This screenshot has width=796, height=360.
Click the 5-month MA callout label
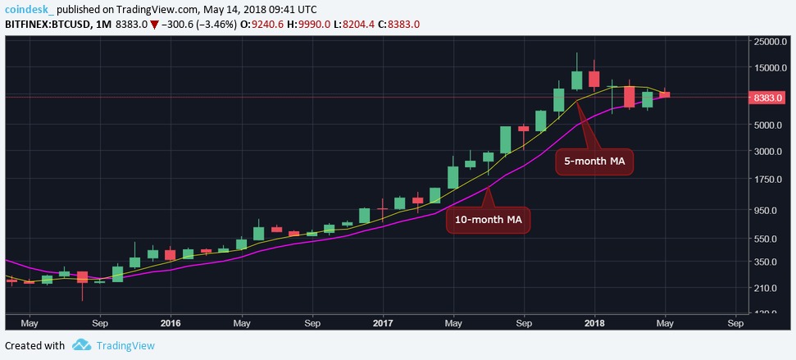point(594,162)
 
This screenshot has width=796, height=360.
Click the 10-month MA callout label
point(489,220)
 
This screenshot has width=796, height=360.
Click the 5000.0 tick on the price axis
point(771,125)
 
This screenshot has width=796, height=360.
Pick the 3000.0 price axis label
point(771,152)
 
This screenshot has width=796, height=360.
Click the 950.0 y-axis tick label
point(774,210)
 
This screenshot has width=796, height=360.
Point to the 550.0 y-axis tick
point(774,239)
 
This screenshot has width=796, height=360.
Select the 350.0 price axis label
point(774,262)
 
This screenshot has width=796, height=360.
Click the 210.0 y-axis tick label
point(774,288)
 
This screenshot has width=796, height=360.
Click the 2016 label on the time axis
point(171,322)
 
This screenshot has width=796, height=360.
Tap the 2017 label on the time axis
point(383,322)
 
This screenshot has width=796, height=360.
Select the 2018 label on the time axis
point(594,322)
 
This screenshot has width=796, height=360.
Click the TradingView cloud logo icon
point(80,345)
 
